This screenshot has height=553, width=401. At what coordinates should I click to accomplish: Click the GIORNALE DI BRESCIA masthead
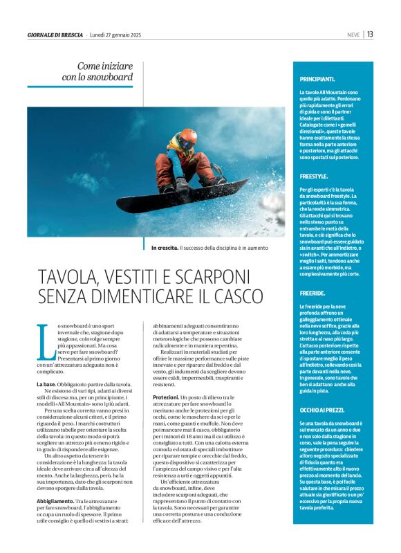pos(55,35)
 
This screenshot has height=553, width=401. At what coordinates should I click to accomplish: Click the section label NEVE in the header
pos(353,35)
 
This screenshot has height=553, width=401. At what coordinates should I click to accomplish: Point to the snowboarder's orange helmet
pos(188,136)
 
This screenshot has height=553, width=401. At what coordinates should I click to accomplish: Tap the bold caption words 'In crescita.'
pos(164,247)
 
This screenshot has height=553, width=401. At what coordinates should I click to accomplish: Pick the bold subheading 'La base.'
pos(46,383)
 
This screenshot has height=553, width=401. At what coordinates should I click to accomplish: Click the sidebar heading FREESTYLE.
pos(314,176)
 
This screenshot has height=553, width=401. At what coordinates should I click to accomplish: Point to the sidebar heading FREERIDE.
pos(312,293)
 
